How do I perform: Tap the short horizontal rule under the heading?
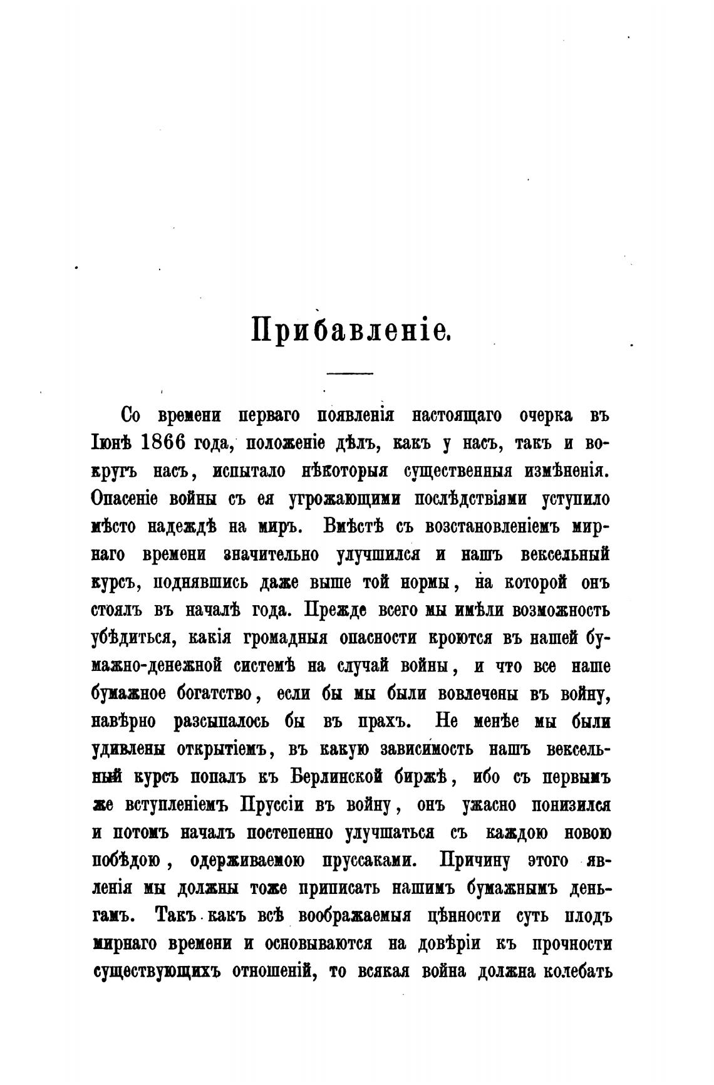(350, 374)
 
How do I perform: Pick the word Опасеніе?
(125, 499)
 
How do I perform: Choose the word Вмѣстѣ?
(358, 527)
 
